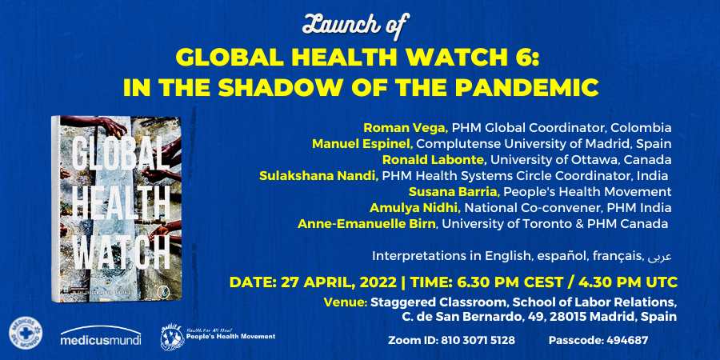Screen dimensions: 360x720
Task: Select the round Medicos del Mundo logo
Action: point(25,334)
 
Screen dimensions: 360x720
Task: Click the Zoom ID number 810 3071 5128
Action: point(475,340)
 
